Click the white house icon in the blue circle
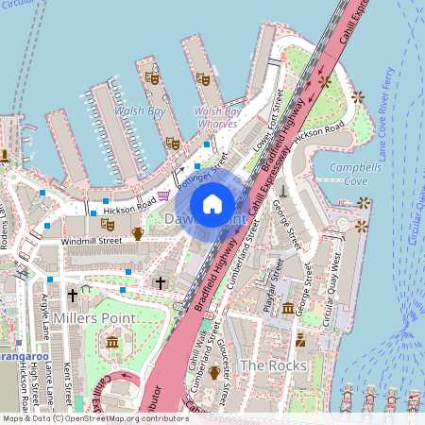[212, 204]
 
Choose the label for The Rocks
[273, 365]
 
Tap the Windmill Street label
[92, 241]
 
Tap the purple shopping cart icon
[164, 195]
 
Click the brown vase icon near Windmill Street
[138, 233]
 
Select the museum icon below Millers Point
[113, 341]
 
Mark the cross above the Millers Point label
[73, 295]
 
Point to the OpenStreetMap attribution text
[94, 418]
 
